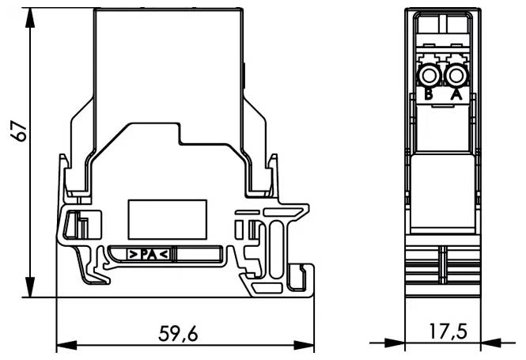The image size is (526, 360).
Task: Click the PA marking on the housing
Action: click(x=148, y=255)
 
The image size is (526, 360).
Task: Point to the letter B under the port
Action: click(x=428, y=95)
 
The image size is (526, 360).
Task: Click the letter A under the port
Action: click(x=456, y=95)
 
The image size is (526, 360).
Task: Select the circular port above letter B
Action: click(x=430, y=76)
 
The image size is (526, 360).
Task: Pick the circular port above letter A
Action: click(x=456, y=76)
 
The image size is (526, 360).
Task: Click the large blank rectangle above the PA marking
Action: click(x=168, y=215)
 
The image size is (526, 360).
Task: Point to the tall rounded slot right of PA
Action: click(x=276, y=248)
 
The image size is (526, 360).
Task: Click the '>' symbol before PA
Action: click(x=134, y=255)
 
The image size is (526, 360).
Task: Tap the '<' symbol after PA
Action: click(x=163, y=255)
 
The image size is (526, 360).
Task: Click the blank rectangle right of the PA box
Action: click(x=199, y=255)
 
